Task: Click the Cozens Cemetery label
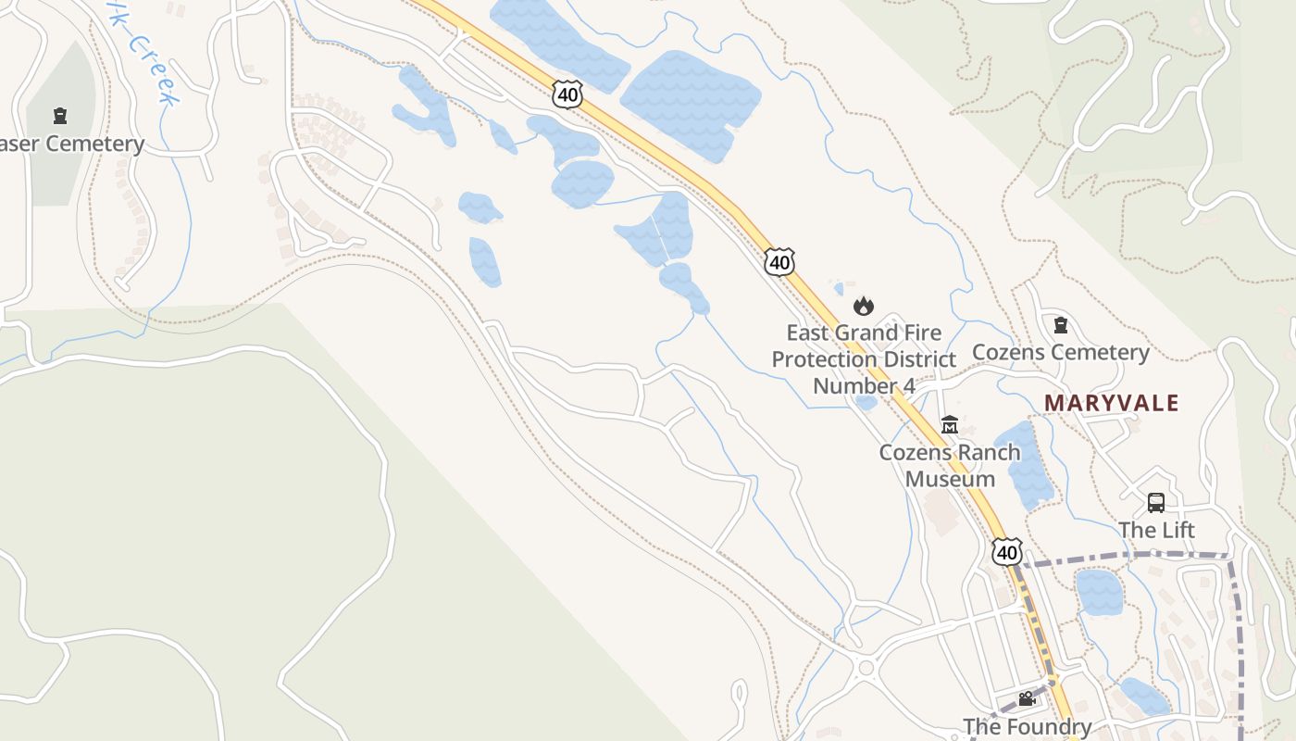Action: pyautogui.click(x=1060, y=352)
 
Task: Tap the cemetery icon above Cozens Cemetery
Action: pyautogui.click(x=1061, y=325)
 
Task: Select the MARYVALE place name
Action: pyautogui.click(x=1112, y=403)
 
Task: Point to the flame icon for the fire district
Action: pyautogui.click(x=864, y=306)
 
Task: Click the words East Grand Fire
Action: pyautogui.click(x=864, y=333)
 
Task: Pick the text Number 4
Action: pyautogui.click(x=864, y=385)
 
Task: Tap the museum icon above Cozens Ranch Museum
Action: pyautogui.click(x=949, y=425)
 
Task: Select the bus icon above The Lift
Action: pyautogui.click(x=1156, y=503)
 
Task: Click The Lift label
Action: pyautogui.click(x=1156, y=530)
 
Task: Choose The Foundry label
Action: pyautogui.click(x=1027, y=726)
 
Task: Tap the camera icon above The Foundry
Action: pyautogui.click(x=1027, y=699)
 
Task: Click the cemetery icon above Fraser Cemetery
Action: pyautogui.click(x=60, y=116)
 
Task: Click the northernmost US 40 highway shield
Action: pyautogui.click(x=568, y=94)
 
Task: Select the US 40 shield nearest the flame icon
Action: pyautogui.click(x=779, y=262)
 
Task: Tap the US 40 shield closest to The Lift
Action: pyautogui.click(x=1006, y=553)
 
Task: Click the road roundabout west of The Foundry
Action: pyautogui.click(x=866, y=667)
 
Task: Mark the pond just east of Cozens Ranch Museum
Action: pyautogui.click(x=1025, y=463)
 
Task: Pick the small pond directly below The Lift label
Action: pyautogui.click(x=1099, y=592)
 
